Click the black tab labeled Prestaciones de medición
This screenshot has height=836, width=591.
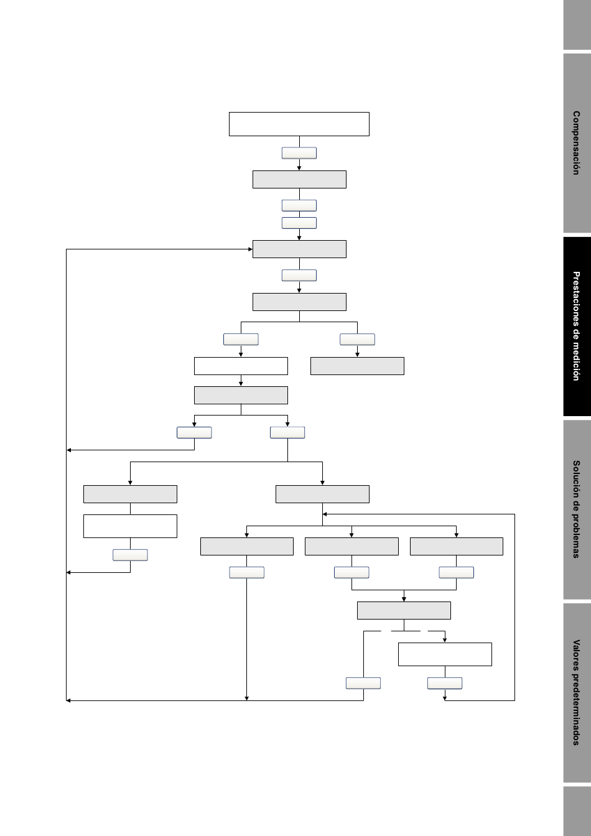pyautogui.click(x=577, y=326)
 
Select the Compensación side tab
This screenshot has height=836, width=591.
pyautogui.click(x=577, y=143)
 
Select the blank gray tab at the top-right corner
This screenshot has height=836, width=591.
pyautogui.click(x=577, y=25)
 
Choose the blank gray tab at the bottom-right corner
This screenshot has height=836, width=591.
pyautogui.click(x=577, y=811)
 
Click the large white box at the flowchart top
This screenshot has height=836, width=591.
pyautogui.click(x=299, y=124)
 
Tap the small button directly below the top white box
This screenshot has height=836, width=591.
pyautogui.click(x=299, y=153)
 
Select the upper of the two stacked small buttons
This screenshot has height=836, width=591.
pyautogui.click(x=299, y=206)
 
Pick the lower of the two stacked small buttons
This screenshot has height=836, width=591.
pyautogui.click(x=299, y=223)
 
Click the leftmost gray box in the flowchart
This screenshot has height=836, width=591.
pyautogui.click(x=130, y=494)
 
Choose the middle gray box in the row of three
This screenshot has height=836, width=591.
pyautogui.click(x=351, y=546)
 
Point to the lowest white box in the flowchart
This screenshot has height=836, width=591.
pyautogui.click(x=445, y=654)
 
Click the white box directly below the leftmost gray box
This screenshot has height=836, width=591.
pyautogui.click(x=130, y=526)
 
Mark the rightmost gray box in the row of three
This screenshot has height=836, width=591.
pyautogui.click(x=457, y=546)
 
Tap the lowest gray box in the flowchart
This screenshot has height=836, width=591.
pyautogui.click(x=404, y=611)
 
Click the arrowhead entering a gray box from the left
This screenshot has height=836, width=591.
pyautogui.click(x=250, y=249)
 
